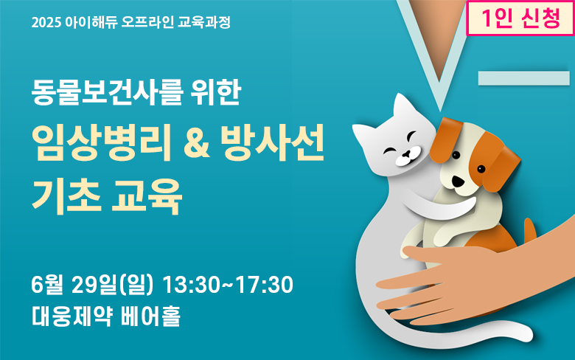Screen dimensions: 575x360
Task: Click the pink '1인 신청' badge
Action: pos(520,18)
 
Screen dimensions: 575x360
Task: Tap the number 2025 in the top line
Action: pos(46,23)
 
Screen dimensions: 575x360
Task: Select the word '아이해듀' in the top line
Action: pos(91,22)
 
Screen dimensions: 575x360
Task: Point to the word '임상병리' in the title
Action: pos(102,143)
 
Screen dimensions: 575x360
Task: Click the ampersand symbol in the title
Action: pos(196,144)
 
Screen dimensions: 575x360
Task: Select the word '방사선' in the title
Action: pos(273,143)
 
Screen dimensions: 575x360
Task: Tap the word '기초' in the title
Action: pos(66,196)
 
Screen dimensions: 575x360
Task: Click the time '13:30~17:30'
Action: pos(228,285)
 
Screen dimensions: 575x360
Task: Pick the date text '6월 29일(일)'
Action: pos(92,285)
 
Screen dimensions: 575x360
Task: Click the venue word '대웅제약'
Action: pos(72,316)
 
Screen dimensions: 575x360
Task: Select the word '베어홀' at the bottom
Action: pos(150,316)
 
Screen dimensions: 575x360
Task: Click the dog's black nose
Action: pos(457,181)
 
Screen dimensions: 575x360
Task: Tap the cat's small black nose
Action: pos(405,153)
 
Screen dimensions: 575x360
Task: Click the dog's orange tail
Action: pos(530,229)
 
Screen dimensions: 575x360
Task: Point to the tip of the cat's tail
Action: pos(527,334)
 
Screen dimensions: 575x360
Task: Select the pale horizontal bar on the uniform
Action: pos(523,78)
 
